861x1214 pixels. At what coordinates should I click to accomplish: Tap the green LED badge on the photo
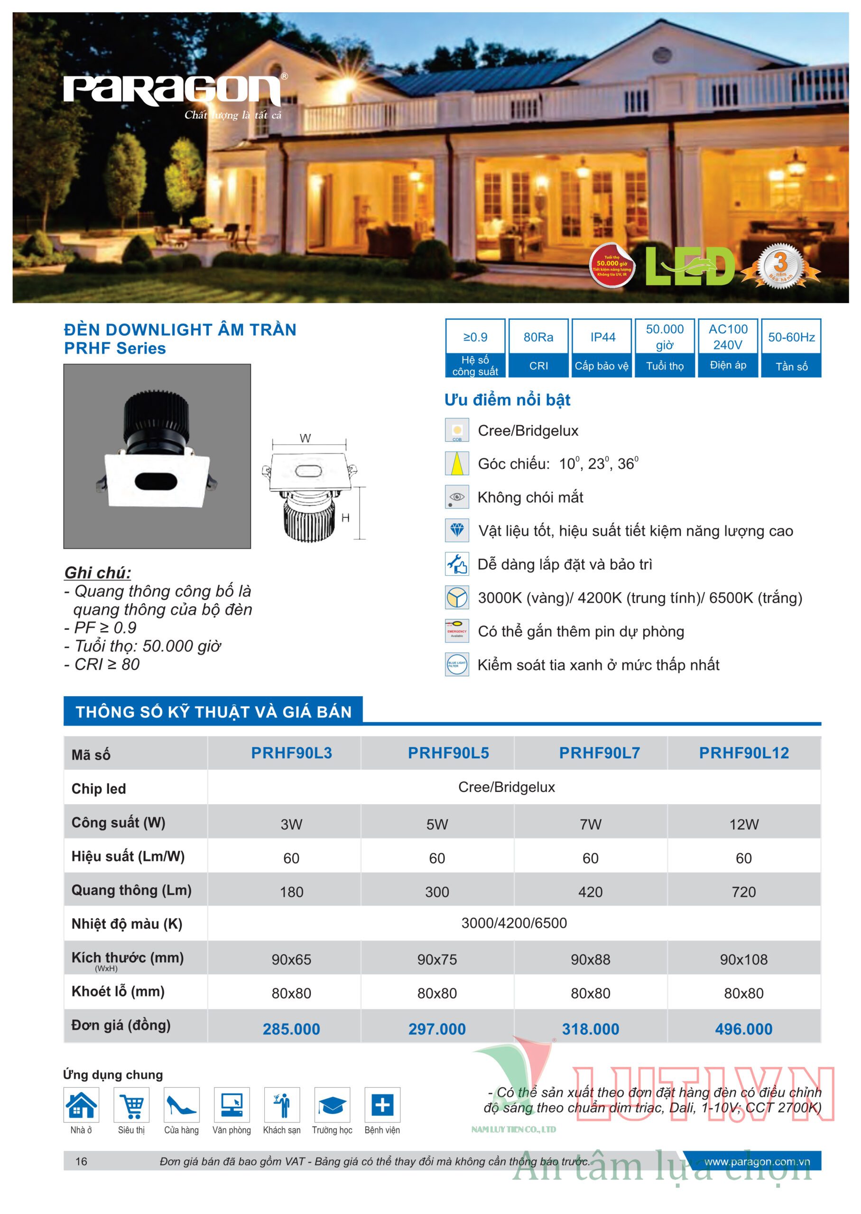pos(689,267)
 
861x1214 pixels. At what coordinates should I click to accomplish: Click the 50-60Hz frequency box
pos(791,347)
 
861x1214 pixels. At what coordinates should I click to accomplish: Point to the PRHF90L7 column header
pos(599,753)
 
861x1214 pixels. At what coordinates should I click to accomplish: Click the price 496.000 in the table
pos(743,1029)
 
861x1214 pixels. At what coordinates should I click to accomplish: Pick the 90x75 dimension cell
pos(437,959)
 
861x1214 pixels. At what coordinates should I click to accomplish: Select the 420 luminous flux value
pos(590,892)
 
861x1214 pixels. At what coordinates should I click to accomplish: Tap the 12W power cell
pos(743,824)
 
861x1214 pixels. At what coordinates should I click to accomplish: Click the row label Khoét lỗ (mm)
pos(118,992)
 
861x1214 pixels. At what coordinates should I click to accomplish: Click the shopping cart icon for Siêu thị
pos(131,1105)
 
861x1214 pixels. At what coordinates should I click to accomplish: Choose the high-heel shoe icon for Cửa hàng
pos(181,1105)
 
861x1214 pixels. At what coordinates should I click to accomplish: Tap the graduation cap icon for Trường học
pos(332,1105)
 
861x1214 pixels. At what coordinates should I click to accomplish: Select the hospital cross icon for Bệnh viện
pos(382,1105)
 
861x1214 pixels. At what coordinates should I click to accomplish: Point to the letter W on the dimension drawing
pos(306,438)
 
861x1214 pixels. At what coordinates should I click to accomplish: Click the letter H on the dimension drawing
pos(345,518)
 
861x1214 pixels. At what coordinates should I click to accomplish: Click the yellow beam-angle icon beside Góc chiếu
pos(456,463)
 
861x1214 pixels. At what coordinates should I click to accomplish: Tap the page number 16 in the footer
pos(81,1161)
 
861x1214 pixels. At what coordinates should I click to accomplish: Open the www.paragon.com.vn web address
pos(757,1161)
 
